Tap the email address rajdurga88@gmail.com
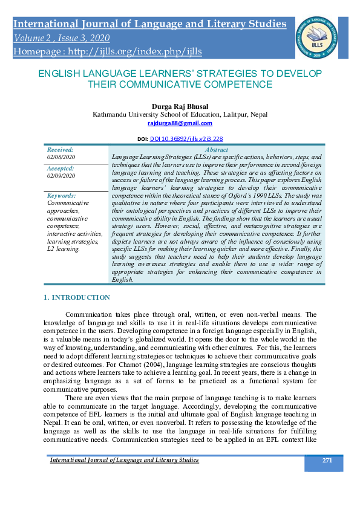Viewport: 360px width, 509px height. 180,123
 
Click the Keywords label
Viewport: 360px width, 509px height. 62,195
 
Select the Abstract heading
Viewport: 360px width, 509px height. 217,149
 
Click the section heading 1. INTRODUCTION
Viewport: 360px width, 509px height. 77,297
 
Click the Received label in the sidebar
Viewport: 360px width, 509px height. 61,149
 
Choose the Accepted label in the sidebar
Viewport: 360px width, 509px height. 61,169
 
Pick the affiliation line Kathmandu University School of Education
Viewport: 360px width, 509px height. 180,114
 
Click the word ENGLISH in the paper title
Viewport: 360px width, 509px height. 62,73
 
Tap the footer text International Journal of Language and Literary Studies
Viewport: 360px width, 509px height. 124,461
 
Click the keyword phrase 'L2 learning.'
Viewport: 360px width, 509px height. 64,249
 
